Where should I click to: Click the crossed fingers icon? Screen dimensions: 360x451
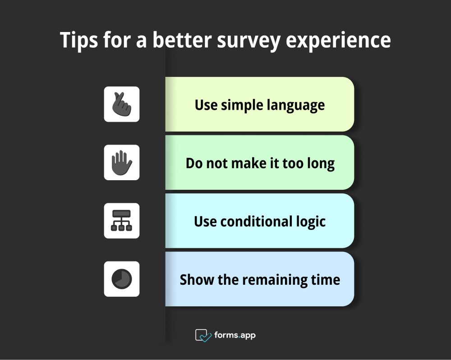click(121, 104)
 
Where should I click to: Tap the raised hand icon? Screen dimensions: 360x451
click(121, 162)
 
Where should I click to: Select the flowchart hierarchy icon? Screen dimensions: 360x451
click(121, 220)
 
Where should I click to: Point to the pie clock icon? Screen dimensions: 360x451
click(121, 279)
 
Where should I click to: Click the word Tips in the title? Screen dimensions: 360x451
click(79, 41)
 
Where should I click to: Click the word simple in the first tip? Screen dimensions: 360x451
click(239, 105)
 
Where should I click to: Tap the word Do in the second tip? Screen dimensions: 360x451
click(194, 163)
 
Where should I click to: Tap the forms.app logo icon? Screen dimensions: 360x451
click(203, 335)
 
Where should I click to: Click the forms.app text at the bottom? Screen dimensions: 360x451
click(235, 335)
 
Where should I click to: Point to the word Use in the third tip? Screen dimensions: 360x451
click(205, 221)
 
